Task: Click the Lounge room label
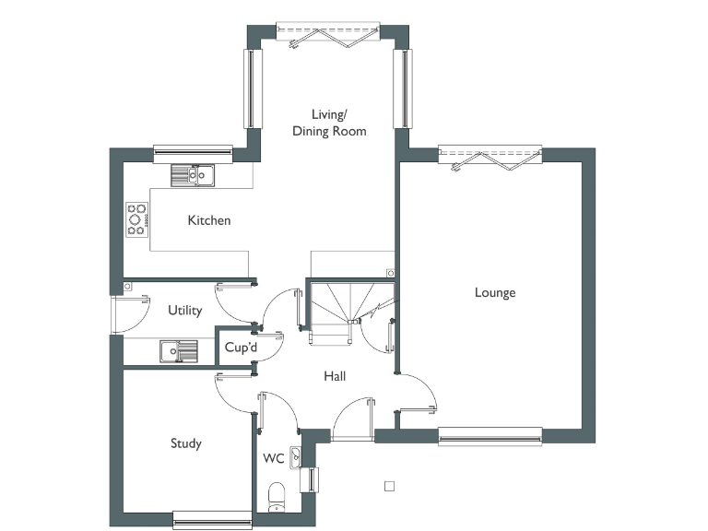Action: (x=495, y=293)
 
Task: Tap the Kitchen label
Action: (x=209, y=220)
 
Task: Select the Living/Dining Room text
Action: (x=329, y=123)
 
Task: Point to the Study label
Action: (x=185, y=443)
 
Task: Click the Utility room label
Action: (x=184, y=311)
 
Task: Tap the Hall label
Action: (x=335, y=376)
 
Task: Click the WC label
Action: (x=274, y=458)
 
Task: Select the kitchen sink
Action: (x=192, y=174)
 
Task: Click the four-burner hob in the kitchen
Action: (x=137, y=219)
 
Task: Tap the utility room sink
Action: (x=178, y=351)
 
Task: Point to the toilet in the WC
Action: (x=276, y=498)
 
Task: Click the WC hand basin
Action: (x=295, y=455)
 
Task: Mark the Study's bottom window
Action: (x=213, y=521)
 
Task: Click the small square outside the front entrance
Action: (x=389, y=486)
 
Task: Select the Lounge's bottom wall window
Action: (x=490, y=435)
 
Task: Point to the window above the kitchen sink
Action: (x=193, y=150)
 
